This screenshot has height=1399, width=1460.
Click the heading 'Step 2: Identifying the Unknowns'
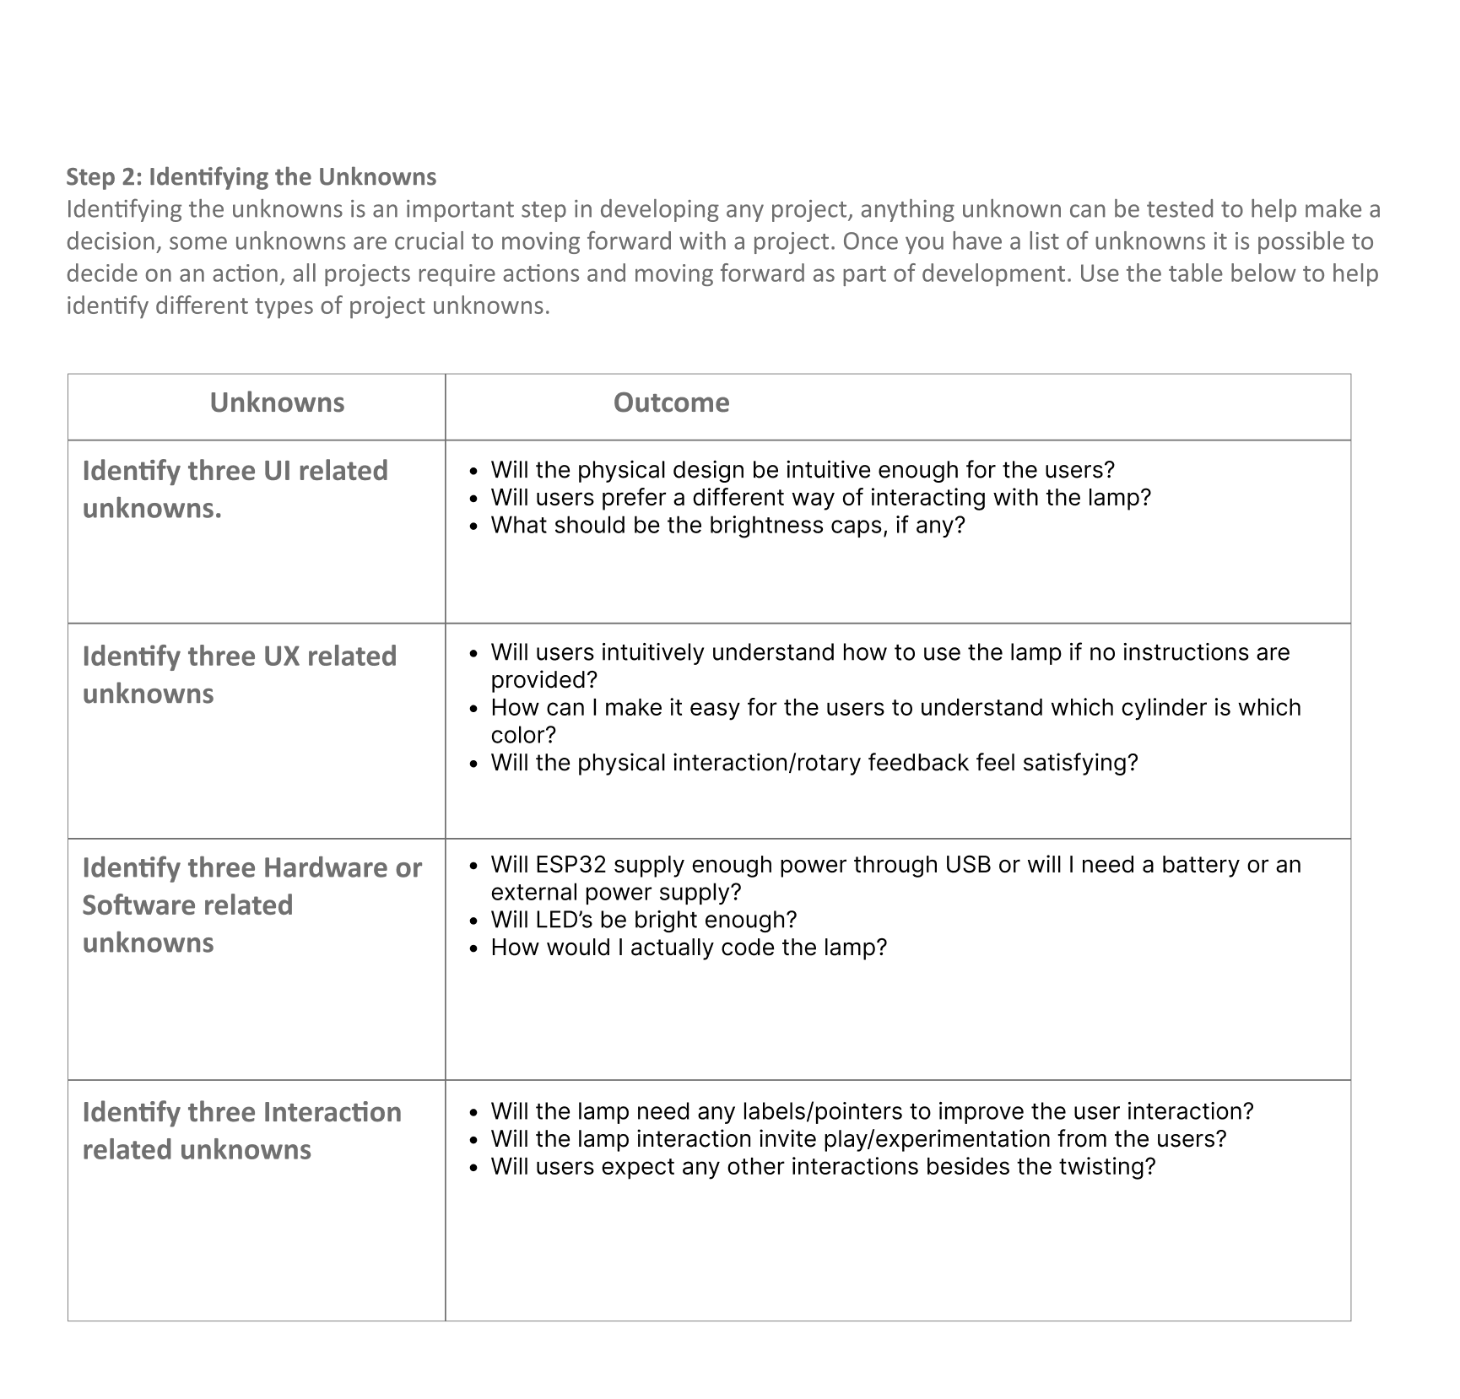pos(251,176)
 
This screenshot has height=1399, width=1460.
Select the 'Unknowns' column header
pos(277,402)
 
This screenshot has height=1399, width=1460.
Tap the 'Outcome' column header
pos(671,402)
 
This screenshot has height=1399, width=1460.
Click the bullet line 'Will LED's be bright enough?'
pos(643,920)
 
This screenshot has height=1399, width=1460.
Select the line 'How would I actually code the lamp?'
pos(689,948)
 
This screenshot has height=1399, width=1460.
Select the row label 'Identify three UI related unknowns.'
pos(235,489)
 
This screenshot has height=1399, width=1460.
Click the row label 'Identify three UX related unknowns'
pos(239,675)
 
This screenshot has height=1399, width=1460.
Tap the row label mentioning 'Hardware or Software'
pos(251,905)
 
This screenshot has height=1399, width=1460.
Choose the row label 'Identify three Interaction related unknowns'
pos(241,1131)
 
